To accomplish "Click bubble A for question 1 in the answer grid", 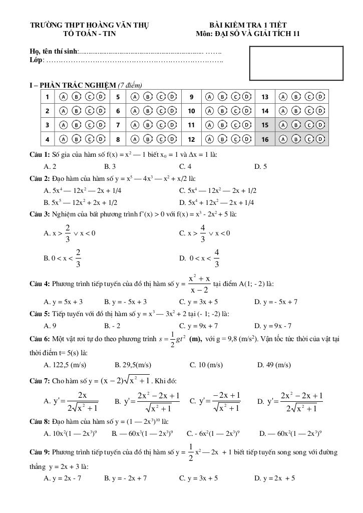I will tap(63, 97).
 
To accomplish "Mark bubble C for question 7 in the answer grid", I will tap(161, 125).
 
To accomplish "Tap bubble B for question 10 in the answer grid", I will tap(222, 111).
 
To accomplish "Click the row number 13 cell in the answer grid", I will tap(265, 97).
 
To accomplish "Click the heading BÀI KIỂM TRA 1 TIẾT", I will tap(248, 25).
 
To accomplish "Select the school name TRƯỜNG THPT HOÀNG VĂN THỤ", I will tap(89, 25).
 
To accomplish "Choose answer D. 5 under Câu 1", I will tap(260, 166).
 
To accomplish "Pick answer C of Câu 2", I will tap(218, 190).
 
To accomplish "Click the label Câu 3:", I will tap(40, 214).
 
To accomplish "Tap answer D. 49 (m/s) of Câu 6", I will tap(274, 365).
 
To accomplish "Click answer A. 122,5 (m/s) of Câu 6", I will tap(65, 365).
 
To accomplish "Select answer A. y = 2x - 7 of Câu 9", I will tap(63, 478).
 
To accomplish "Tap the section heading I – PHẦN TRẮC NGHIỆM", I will tap(72, 85).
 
